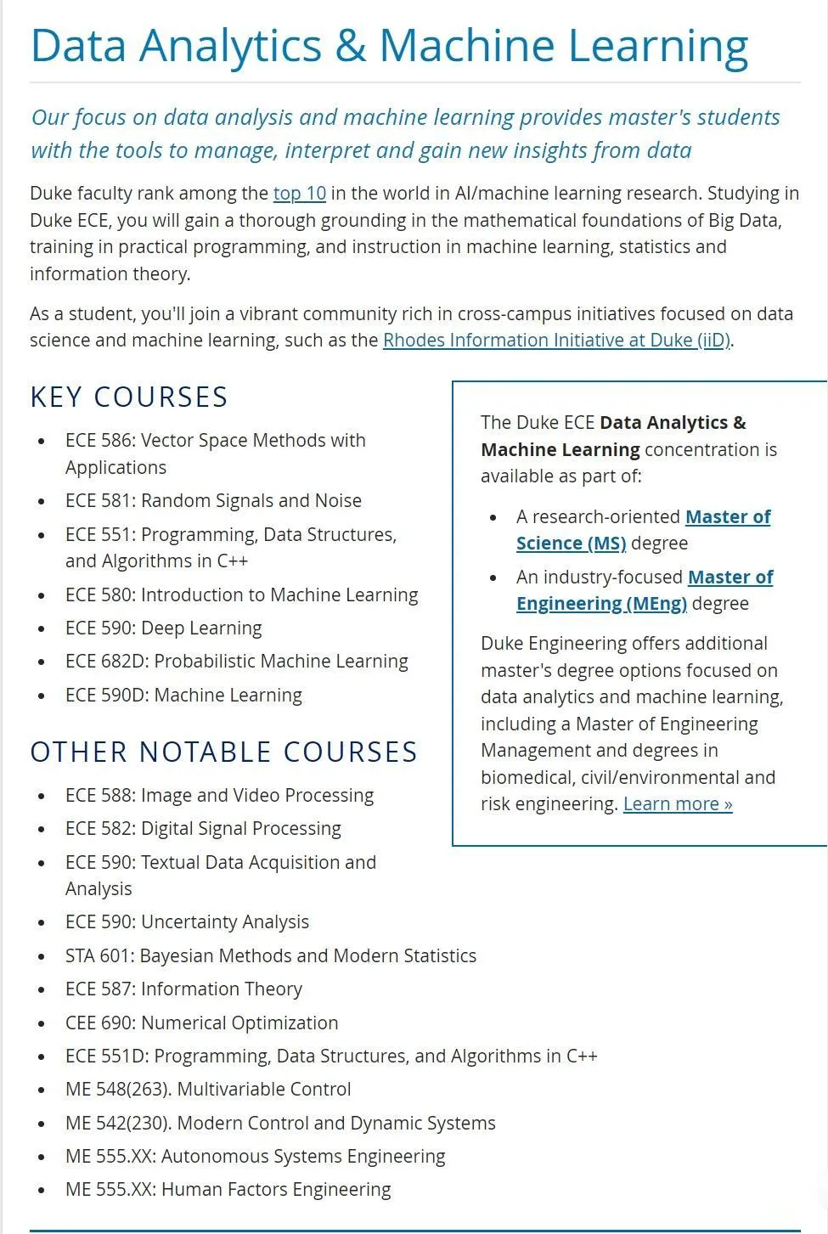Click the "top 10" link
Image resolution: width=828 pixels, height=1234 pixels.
pyautogui.click(x=299, y=194)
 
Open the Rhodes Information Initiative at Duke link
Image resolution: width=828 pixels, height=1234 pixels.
pyautogui.click(x=556, y=341)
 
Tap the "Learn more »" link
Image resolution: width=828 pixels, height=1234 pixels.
pyautogui.click(x=678, y=804)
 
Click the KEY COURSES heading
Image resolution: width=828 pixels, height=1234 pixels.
pyautogui.click(x=129, y=397)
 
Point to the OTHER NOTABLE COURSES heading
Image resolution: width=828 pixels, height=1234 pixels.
pyautogui.click(x=224, y=752)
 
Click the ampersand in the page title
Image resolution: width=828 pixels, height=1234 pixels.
pyautogui.click(x=350, y=46)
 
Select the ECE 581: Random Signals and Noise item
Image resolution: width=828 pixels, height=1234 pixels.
pyautogui.click(x=213, y=501)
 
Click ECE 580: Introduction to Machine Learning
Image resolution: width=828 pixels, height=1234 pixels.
pyautogui.click(x=241, y=595)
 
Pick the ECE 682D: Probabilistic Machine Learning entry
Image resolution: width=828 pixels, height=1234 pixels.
pyautogui.click(x=236, y=662)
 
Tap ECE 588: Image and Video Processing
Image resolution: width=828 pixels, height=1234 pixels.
pyautogui.click(x=219, y=796)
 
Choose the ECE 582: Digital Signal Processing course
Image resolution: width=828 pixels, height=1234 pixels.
pyautogui.click(x=203, y=829)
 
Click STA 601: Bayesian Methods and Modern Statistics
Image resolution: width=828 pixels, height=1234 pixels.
pyautogui.click(x=270, y=956)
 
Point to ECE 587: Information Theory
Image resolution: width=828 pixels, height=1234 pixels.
pyautogui.click(x=183, y=989)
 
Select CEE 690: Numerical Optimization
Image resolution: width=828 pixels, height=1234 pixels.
pyautogui.click(x=201, y=1023)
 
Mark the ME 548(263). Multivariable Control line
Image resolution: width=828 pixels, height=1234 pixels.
pyautogui.click(x=208, y=1090)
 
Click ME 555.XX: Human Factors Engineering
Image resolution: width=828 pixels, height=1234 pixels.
pyautogui.click(x=228, y=1190)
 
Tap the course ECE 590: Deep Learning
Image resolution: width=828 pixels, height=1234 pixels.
pyautogui.click(x=163, y=628)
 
